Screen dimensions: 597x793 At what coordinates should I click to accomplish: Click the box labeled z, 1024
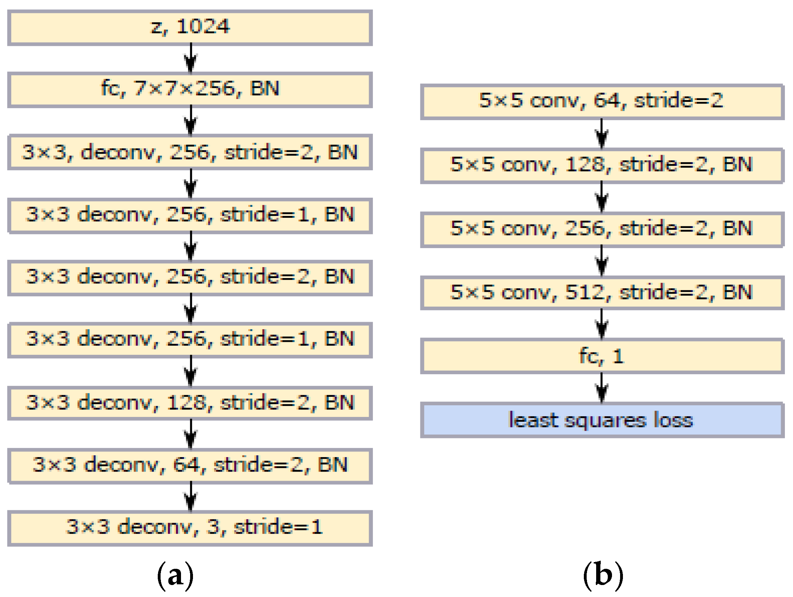pyautogui.click(x=190, y=27)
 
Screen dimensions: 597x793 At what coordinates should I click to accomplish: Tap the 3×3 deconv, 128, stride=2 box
pyautogui.click(x=190, y=403)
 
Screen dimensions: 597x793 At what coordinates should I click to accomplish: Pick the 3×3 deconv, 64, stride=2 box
pyautogui.click(x=190, y=465)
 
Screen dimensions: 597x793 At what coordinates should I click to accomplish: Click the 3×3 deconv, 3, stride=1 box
pyautogui.click(x=190, y=528)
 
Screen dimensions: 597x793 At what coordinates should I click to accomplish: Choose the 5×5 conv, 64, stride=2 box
pyautogui.click(x=601, y=101)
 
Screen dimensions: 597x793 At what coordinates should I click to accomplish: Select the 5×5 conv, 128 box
pyautogui.click(x=601, y=165)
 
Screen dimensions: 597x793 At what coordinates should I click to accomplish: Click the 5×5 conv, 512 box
pyautogui.click(x=601, y=293)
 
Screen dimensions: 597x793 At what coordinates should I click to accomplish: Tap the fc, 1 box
pyautogui.click(x=601, y=356)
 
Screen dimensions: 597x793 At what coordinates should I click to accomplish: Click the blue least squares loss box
pyautogui.click(x=601, y=420)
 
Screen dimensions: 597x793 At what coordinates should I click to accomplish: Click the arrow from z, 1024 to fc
pyautogui.click(x=191, y=59)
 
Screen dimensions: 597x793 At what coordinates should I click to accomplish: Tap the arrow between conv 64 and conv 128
pyautogui.click(x=601, y=134)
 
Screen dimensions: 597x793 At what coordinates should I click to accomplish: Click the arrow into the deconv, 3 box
pyautogui.click(x=191, y=497)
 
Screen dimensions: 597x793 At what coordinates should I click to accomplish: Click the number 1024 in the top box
pyautogui.click(x=203, y=26)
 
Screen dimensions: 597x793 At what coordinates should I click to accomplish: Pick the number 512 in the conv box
pyautogui.click(x=585, y=292)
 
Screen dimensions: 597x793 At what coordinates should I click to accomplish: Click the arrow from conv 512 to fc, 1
pyautogui.click(x=601, y=324)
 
